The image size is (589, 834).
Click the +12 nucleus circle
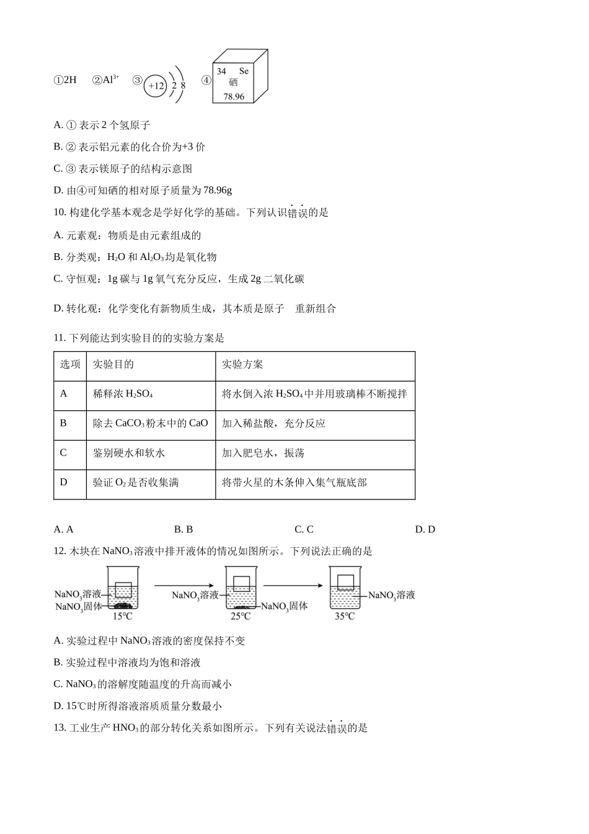[156, 86]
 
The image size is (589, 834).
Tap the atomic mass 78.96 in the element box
[234, 97]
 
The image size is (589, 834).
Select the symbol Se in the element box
[244, 71]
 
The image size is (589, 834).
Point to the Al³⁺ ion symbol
[107, 79]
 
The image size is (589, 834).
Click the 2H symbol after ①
[70, 80]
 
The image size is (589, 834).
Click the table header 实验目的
[113, 364]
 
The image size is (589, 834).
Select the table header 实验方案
[242, 364]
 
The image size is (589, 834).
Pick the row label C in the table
[63, 453]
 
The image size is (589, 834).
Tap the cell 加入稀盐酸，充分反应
[273, 423]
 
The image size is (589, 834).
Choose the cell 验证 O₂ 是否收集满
[136, 482]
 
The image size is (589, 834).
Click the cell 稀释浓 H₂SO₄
[123, 394]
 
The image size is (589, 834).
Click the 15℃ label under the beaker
[122, 616]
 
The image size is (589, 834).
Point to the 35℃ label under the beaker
[345, 616]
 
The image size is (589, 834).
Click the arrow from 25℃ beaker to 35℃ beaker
[293, 585]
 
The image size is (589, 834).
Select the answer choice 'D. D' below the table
[425, 529]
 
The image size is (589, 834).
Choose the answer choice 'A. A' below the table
[63, 529]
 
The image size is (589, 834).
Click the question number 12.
[60, 551]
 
